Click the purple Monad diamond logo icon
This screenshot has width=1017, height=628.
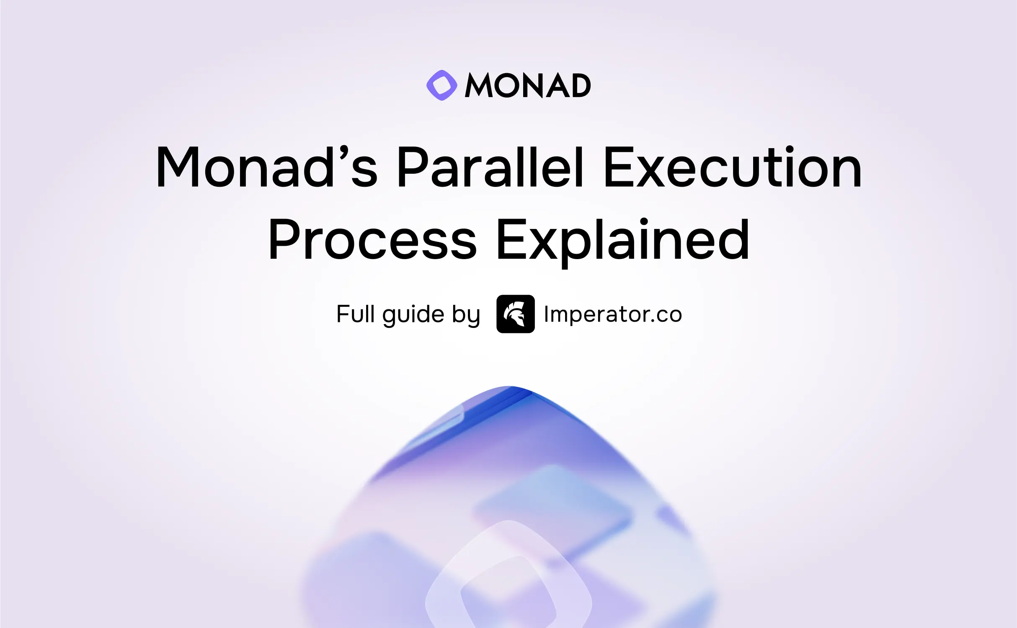[441, 85]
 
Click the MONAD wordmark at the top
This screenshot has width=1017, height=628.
[528, 85]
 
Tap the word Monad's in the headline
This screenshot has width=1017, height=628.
[267, 166]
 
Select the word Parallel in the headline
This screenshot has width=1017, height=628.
[490, 166]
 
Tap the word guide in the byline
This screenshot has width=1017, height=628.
[413, 315]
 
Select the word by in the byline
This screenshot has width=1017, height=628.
[466, 315]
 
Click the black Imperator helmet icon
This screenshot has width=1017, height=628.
[515, 314]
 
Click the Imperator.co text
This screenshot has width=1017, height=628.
[613, 314]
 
